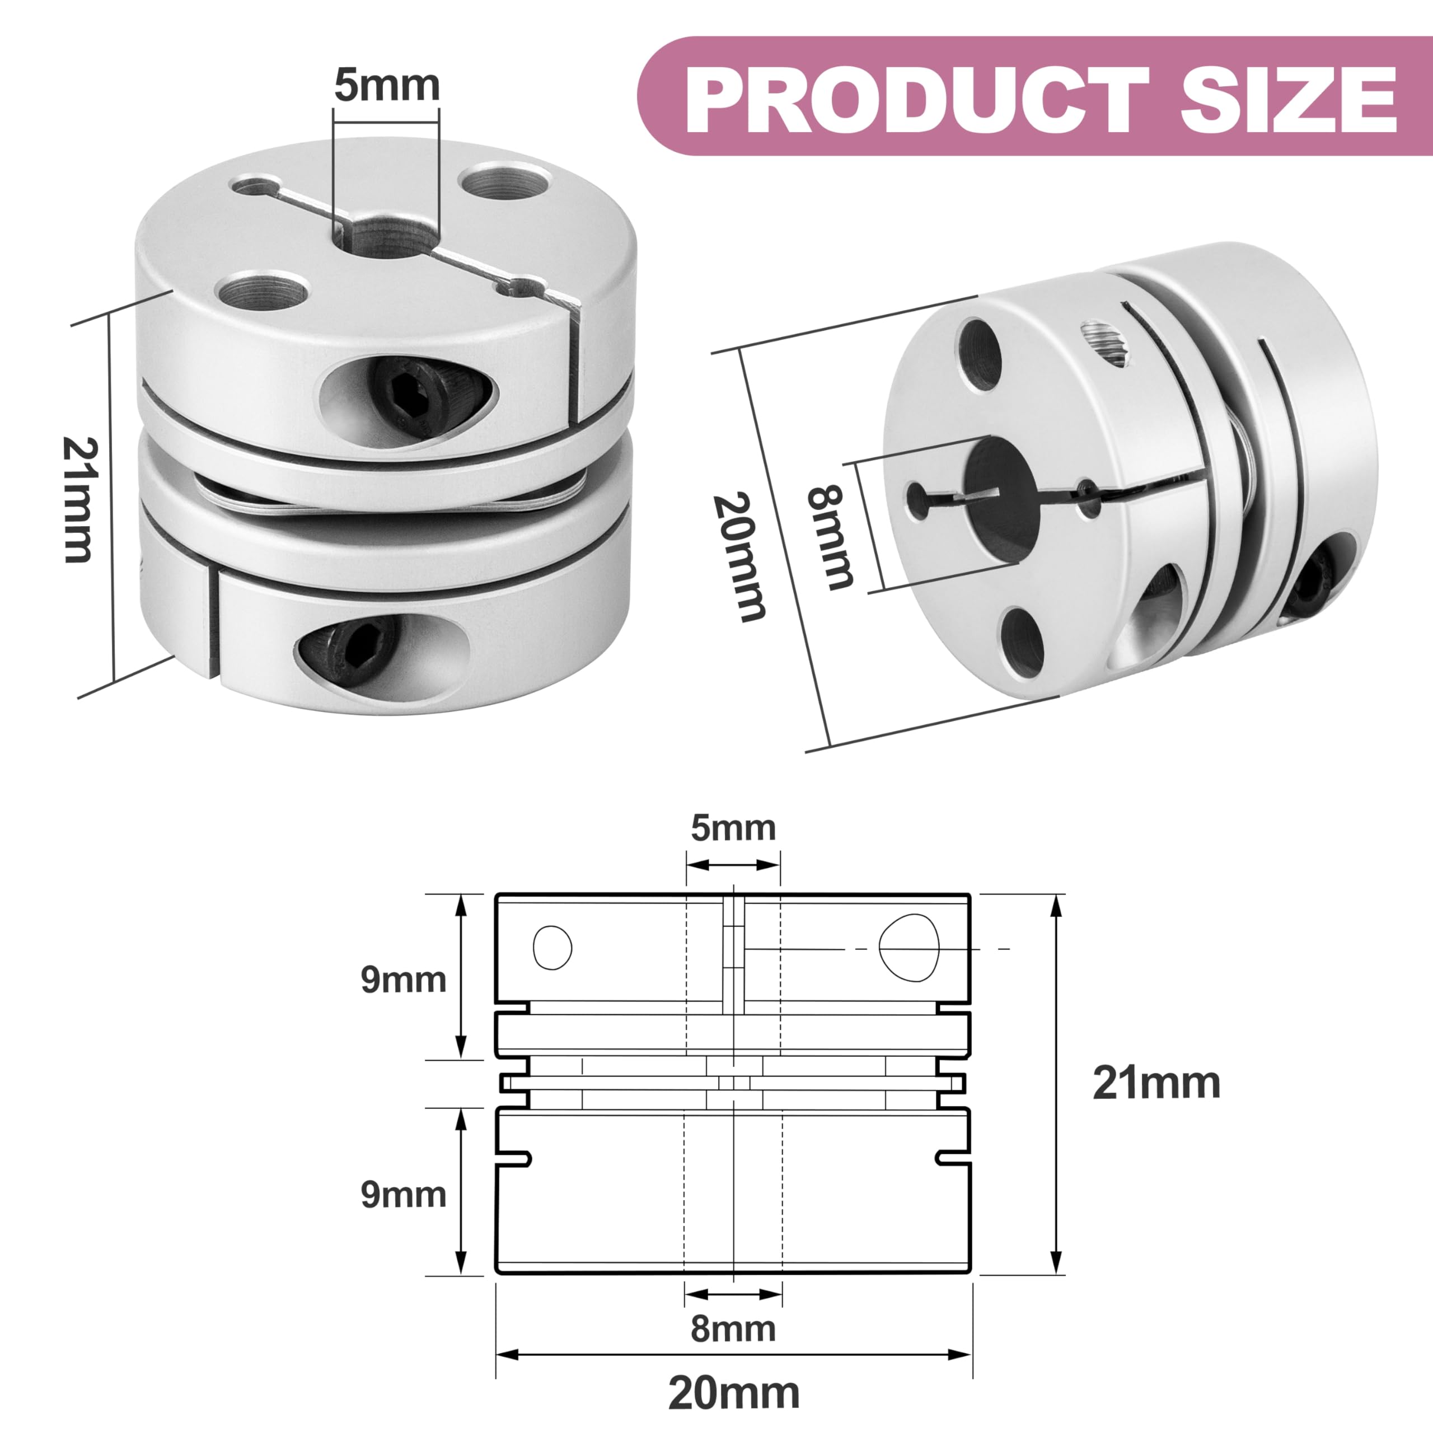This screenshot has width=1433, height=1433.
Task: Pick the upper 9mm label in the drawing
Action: click(404, 980)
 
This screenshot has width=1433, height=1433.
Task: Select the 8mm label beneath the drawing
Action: click(733, 1329)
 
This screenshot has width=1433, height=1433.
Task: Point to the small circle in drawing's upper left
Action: click(552, 947)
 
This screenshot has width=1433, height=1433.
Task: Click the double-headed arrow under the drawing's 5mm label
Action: click(733, 865)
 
